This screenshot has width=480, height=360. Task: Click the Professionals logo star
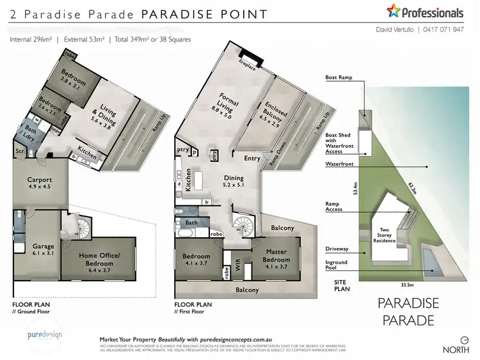click(393, 11)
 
